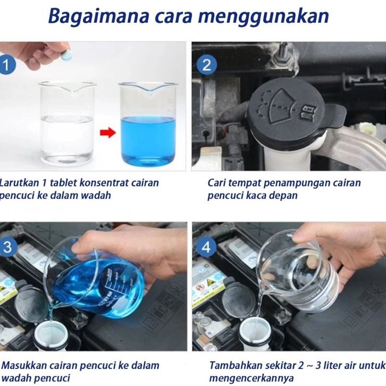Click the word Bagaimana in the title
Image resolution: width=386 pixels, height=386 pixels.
pyautogui.click(x=98, y=16)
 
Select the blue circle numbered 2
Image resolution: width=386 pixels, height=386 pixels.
pyautogui.click(x=207, y=65)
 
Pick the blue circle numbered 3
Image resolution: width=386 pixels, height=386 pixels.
pyautogui.click(x=7, y=247)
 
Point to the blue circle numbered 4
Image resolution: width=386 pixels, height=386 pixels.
pyautogui.click(x=206, y=247)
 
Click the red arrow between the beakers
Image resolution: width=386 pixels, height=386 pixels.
pyautogui.click(x=107, y=133)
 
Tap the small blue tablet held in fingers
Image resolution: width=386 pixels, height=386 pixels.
pyautogui.click(x=66, y=55)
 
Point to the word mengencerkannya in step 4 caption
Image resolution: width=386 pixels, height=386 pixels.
pyautogui.click(x=251, y=379)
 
